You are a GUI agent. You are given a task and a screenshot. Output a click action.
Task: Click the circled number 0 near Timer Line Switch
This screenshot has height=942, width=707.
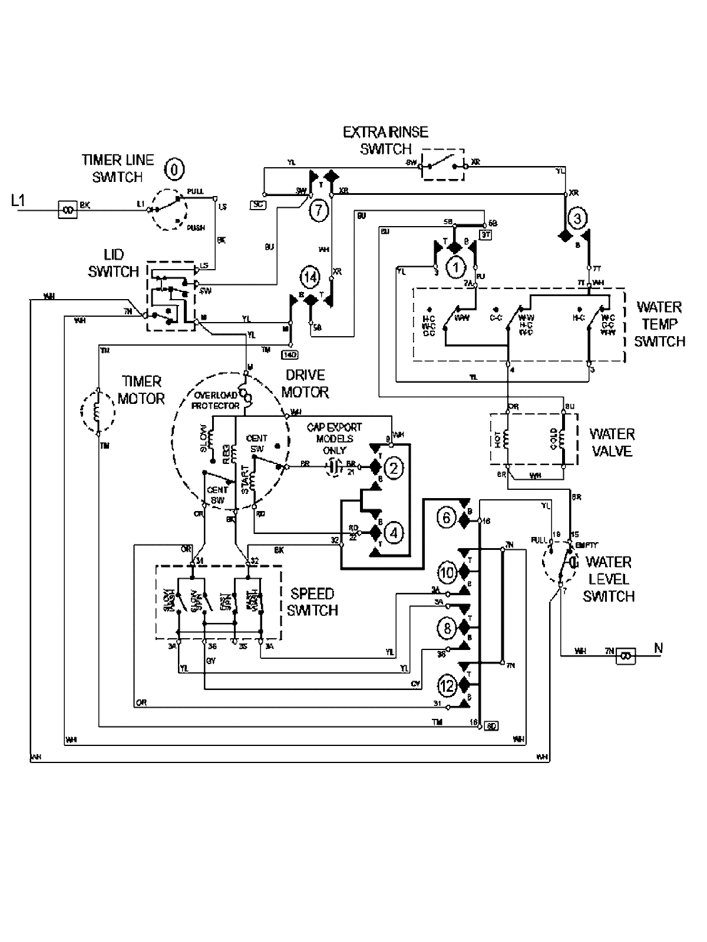tap(174, 170)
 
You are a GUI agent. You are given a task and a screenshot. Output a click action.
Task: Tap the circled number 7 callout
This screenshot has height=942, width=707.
tap(318, 210)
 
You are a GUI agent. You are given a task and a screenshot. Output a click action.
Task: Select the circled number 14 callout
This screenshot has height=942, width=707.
tap(310, 276)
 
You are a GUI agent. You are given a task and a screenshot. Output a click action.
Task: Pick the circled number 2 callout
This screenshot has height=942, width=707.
tap(394, 467)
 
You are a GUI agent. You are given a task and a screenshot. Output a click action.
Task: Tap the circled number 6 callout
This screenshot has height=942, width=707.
tap(447, 518)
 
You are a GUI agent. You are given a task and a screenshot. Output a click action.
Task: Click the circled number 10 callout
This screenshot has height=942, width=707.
tap(447, 572)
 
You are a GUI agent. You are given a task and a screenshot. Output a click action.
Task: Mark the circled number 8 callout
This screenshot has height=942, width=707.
tap(447, 628)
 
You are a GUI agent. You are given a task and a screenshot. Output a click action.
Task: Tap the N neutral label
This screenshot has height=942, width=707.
tap(658, 649)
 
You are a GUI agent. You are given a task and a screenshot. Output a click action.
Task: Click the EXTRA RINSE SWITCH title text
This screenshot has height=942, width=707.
tap(386, 140)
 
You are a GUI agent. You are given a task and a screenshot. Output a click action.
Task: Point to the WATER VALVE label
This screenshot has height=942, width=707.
tap(612, 443)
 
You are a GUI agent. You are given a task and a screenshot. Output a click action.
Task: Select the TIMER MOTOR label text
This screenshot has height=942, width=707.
tap(141, 390)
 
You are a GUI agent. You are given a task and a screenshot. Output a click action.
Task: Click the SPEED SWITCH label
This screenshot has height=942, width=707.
tap(313, 602)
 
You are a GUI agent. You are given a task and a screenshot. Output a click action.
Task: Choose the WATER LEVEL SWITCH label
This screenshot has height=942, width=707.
tap(609, 579)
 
